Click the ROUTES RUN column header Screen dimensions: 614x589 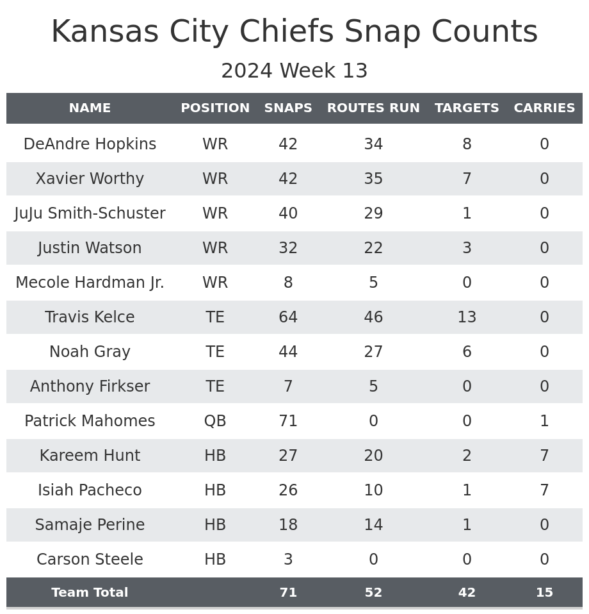(373, 108)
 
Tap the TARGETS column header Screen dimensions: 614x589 (467, 108)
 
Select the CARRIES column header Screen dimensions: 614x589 (544, 108)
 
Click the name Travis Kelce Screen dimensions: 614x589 (90, 317)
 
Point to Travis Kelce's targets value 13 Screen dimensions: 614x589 (467, 317)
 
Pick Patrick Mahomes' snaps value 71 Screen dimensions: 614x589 (288, 421)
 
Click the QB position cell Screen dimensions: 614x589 (215, 421)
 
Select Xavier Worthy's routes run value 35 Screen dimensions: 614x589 (373, 179)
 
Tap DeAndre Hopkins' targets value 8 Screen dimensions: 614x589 (467, 144)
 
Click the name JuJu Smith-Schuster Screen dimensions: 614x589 (90, 213)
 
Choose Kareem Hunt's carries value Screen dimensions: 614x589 (544, 456)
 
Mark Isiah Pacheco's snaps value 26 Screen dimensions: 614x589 (288, 490)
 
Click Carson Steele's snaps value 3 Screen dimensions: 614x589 (288, 560)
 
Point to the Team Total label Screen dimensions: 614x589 (90, 593)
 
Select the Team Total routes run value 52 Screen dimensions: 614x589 (373, 593)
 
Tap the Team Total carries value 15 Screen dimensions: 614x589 (544, 593)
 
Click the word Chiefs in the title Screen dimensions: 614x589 (294, 32)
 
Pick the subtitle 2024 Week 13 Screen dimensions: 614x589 (294, 71)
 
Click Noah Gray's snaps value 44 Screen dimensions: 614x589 (288, 352)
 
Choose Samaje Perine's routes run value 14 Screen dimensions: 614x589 (373, 525)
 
